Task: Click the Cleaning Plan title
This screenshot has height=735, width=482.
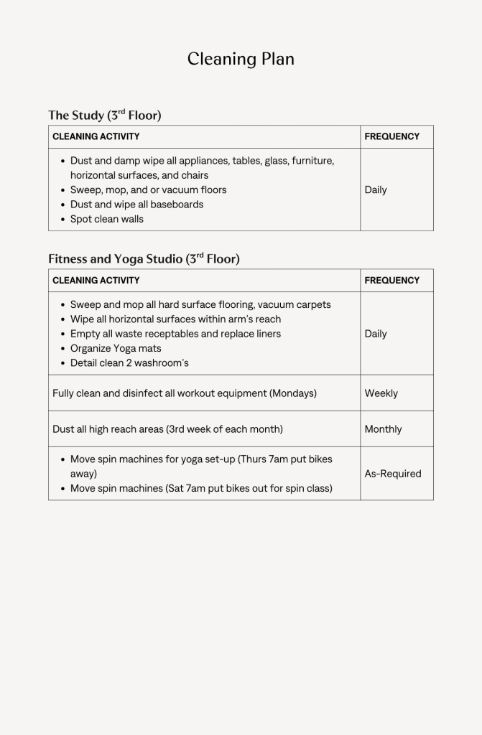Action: point(241,59)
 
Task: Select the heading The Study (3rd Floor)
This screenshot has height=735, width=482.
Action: point(104,115)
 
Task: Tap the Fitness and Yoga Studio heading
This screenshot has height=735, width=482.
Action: point(144,258)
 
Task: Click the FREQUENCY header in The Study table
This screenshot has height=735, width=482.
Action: point(391,136)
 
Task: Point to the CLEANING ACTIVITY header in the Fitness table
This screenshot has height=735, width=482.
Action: point(96,280)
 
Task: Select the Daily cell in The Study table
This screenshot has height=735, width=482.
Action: point(376,189)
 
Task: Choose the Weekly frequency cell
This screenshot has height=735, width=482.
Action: point(381,393)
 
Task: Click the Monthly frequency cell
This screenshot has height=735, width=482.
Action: point(383,429)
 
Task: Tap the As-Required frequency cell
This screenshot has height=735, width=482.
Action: point(393,474)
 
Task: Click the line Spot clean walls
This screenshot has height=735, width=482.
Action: point(106,219)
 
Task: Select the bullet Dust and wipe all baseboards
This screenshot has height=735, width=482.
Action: point(136,205)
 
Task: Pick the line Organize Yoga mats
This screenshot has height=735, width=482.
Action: point(116,348)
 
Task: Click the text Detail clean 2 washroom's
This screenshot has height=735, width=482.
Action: point(129,362)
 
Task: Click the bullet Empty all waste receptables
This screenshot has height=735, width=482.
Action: point(175,334)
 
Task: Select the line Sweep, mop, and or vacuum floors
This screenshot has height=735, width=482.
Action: point(148,189)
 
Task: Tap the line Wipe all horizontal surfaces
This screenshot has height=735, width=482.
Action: point(175,319)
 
